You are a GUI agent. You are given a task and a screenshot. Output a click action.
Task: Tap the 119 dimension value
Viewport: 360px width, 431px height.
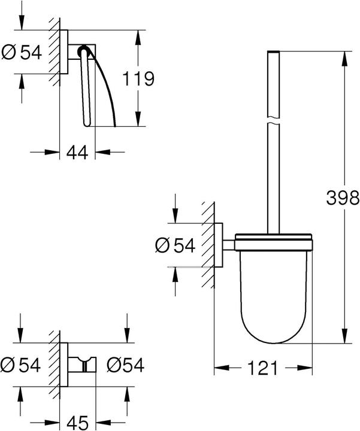tap(139, 78)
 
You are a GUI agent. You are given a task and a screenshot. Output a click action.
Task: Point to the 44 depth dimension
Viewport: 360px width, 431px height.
tap(77, 152)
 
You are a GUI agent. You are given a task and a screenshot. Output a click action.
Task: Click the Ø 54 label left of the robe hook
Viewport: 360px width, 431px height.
tap(22, 364)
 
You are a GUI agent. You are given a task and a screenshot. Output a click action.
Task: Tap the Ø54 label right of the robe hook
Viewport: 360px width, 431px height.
tap(125, 364)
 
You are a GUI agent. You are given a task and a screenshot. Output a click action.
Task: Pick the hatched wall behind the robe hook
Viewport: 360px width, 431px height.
tap(56, 363)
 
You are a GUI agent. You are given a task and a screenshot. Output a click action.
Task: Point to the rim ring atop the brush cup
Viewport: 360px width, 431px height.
tap(273, 242)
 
